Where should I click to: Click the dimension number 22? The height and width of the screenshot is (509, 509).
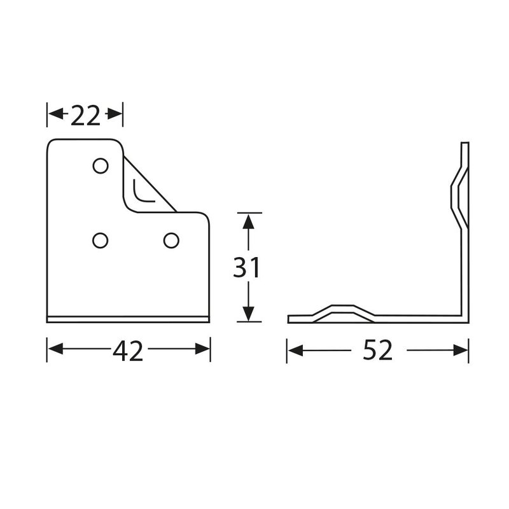tap(85, 116)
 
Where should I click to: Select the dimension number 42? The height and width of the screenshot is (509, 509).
tap(128, 351)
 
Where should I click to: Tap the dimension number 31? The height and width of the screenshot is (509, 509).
tap(247, 267)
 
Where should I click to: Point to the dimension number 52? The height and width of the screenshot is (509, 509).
tap(377, 349)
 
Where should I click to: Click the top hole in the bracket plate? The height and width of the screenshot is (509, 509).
tap(101, 166)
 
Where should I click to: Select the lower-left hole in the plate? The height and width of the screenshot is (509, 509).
tap(101, 241)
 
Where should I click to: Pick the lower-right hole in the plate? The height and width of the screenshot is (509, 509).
tap(171, 241)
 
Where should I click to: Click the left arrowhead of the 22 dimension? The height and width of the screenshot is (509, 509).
tap(56, 114)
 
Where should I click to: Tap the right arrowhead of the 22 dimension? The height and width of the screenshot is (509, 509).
tap(115, 114)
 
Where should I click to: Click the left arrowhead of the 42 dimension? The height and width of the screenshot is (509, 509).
tap(55, 349)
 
